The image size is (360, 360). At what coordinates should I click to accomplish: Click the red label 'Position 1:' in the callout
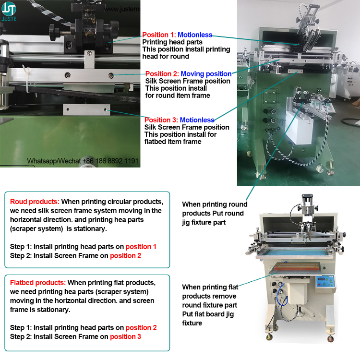159,35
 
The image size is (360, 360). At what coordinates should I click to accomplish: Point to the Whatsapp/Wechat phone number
83,161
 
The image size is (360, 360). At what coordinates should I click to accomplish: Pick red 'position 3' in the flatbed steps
126,336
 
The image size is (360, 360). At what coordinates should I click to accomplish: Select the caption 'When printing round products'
215,209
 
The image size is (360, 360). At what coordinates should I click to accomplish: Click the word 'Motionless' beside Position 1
194,35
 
